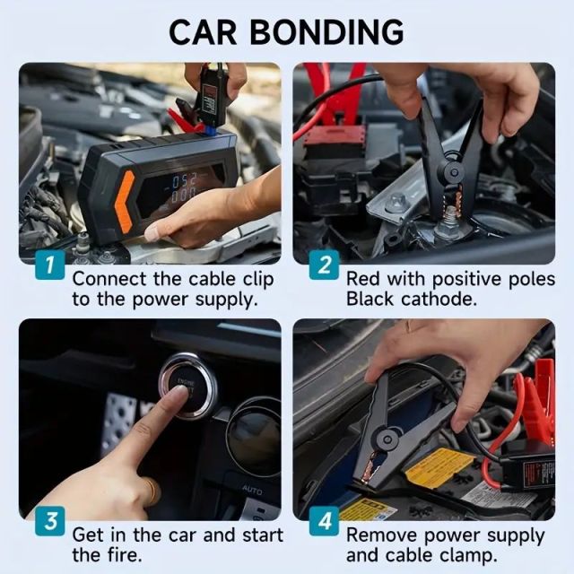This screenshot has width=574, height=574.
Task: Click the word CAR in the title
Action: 204,31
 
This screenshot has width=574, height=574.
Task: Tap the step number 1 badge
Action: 50,266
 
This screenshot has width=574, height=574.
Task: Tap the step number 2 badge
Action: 325,266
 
